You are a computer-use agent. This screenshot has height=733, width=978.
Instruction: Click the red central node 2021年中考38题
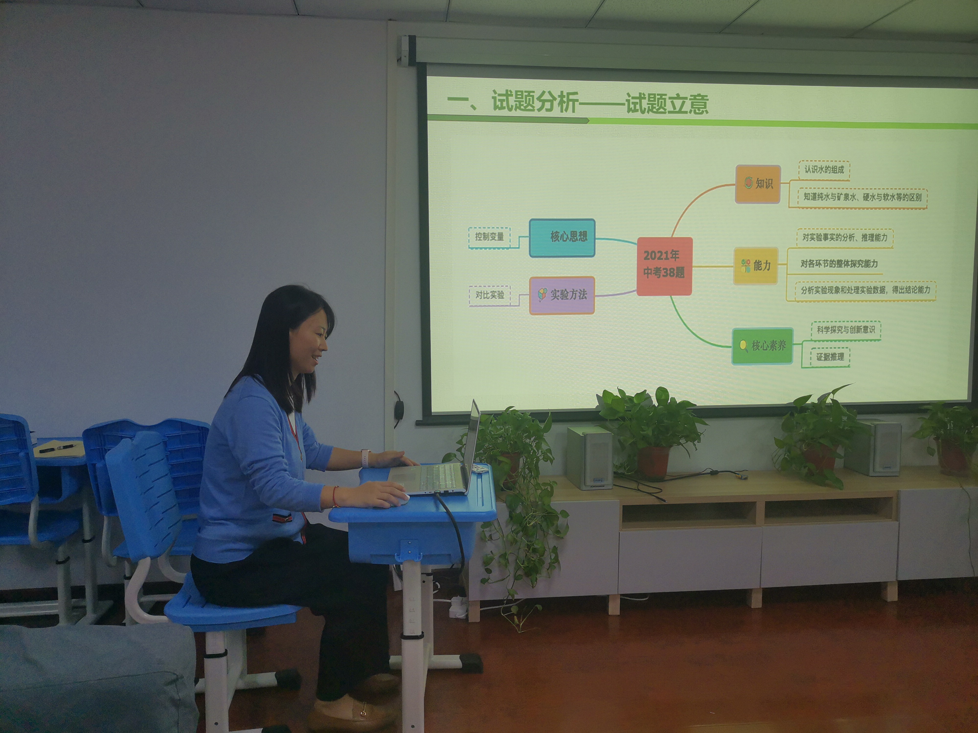tap(664, 266)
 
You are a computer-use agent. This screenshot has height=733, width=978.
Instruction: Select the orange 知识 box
tap(757, 184)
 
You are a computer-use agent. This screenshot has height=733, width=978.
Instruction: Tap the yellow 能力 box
tap(756, 266)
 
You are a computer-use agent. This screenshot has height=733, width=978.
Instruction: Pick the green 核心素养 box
tap(762, 346)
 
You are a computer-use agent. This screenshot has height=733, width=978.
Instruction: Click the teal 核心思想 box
tap(562, 238)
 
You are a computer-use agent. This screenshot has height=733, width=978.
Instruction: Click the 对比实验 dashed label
tap(489, 295)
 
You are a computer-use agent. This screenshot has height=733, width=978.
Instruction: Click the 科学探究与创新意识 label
tap(845, 330)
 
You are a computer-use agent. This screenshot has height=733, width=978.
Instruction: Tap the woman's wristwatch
tap(366, 458)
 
